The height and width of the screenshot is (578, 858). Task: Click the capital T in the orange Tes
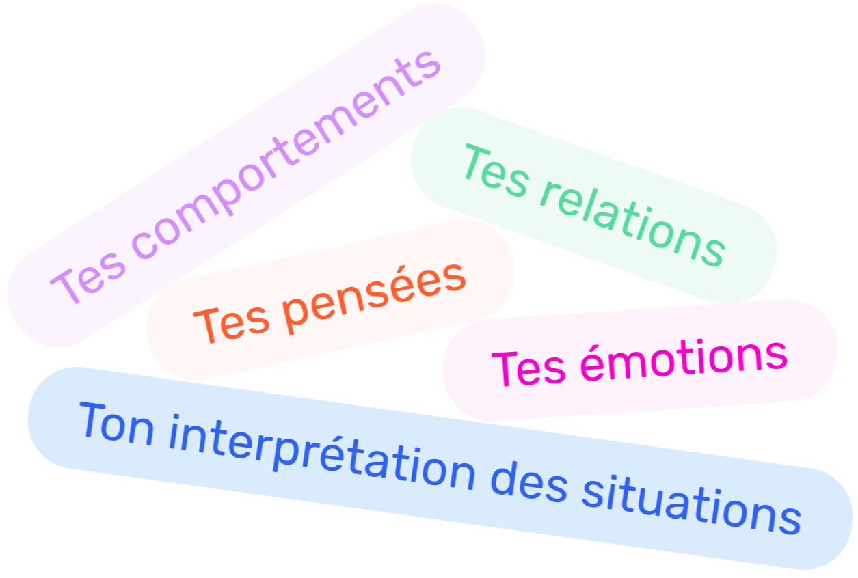pyautogui.click(x=205, y=327)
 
